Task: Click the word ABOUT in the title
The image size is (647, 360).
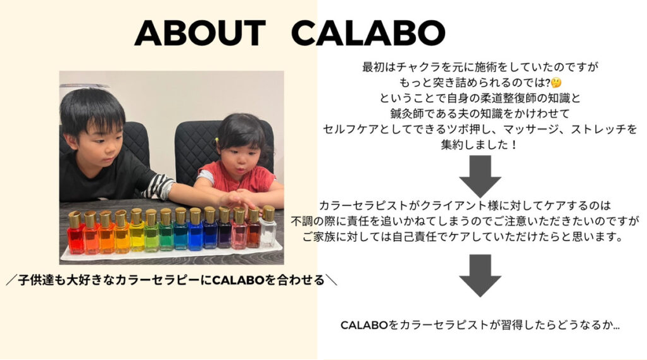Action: click(200, 33)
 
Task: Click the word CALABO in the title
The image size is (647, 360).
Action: click(368, 33)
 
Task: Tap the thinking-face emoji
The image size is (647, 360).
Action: click(556, 82)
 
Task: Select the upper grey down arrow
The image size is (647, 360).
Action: click(480, 176)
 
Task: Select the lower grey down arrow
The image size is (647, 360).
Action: click(480, 275)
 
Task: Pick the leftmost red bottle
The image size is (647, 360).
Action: click(75, 232)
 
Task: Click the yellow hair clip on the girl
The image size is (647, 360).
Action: click(217, 140)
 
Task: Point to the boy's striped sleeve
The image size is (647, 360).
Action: click(159, 186)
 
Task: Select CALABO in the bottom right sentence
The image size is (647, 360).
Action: click(365, 325)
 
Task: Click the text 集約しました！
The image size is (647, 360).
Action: click(479, 145)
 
